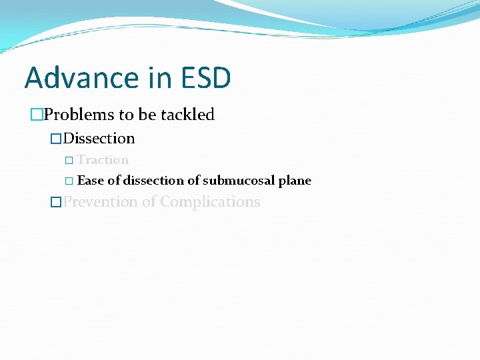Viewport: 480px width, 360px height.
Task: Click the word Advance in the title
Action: tap(73, 78)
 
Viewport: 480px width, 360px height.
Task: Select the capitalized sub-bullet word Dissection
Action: tap(99, 139)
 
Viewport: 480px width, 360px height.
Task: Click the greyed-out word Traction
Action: tap(103, 160)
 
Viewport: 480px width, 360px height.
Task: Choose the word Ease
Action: tap(90, 181)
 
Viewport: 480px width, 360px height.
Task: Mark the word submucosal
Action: tap(239, 181)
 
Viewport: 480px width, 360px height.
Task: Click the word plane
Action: tap(295, 181)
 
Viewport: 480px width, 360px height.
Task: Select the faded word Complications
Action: tap(210, 202)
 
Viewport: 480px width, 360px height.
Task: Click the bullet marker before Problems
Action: tap(36, 115)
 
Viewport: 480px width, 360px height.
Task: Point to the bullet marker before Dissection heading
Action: tap(57, 139)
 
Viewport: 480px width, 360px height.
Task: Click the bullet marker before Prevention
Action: tap(57, 203)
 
